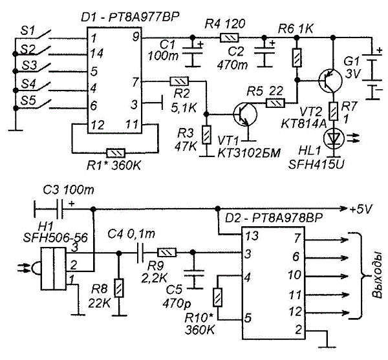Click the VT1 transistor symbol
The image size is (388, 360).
coord(245,114)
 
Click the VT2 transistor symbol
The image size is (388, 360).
coord(330,80)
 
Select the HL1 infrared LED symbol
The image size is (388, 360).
coord(334,139)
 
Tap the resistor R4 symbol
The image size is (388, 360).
coord(230,38)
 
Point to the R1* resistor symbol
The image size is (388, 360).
coord(116,153)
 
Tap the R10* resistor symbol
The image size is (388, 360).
coord(217,297)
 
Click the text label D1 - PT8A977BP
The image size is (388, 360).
coord(129,17)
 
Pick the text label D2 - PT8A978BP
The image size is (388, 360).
coord(274,218)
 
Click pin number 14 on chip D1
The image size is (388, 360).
coord(97,54)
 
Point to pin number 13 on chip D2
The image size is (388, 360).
coord(252,236)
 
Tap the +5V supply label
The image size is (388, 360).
coord(361,209)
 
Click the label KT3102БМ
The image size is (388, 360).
coord(249,153)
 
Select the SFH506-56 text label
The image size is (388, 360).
coord(56,238)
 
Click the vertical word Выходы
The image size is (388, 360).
coord(377,277)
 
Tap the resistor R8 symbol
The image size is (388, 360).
coord(119,288)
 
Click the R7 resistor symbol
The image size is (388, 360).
coord(334,111)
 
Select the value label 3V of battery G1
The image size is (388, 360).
coord(353,74)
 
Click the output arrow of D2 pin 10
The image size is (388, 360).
coord(327,276)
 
